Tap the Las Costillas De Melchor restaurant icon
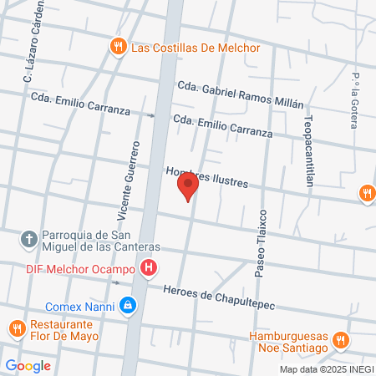[119, 47]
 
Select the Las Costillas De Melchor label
[196, 48]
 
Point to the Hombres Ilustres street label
[208, 177]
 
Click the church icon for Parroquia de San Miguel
[28, 240]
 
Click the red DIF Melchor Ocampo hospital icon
[149, 268]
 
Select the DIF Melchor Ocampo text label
[73, 268]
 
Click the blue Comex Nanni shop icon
[127, 306]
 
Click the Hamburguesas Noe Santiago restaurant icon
[339, 340]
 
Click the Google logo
[28, 365]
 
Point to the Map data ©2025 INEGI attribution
[325, 369]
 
